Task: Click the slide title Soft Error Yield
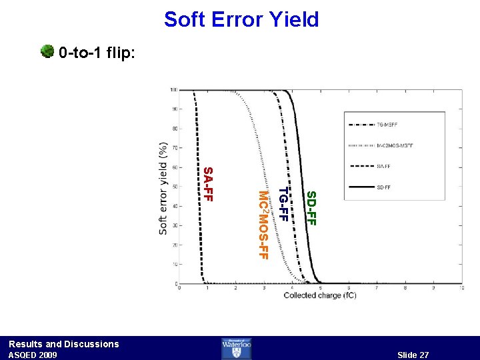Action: (241, 19)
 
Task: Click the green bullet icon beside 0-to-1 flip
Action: (47, 51)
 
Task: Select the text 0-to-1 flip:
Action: (97, 52)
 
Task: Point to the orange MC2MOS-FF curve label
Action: (263, 225)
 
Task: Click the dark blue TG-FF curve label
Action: (283, 205)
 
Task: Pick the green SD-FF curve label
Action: (311, 208)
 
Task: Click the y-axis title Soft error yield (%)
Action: (163, 187)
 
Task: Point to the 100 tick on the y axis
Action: (173, 90)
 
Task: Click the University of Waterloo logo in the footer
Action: (240, 348)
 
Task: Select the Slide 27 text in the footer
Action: (413, 355)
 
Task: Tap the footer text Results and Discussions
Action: (63, 344)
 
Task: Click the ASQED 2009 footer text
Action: (33, 355)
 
